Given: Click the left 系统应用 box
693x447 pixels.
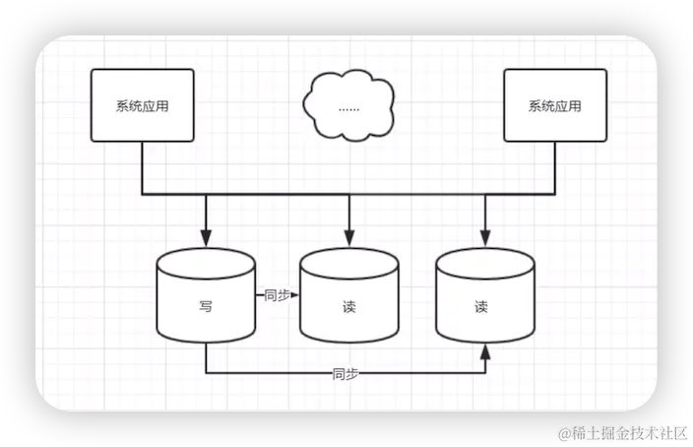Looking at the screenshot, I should point(141,105).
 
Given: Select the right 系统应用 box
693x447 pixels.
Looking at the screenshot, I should point(555,105).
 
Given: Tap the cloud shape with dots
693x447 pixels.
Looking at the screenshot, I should point(348,106).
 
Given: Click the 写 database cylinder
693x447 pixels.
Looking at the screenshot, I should point(206,299).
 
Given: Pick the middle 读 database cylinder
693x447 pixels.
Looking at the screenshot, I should point(348,301).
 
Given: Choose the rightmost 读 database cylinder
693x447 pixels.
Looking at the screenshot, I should point(484,301).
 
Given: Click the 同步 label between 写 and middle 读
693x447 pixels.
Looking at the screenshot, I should point(277,293).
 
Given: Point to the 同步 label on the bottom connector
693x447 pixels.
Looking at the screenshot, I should point(345,374).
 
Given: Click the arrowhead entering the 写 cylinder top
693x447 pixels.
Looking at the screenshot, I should point(206,239).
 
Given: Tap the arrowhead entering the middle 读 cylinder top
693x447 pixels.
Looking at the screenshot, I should point(348,239).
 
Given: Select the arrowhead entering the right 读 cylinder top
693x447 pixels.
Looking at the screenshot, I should point(484,239).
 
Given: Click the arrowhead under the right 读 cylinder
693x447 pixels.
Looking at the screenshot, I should point(484,351).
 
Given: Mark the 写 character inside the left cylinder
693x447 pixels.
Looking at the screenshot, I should point(206,306).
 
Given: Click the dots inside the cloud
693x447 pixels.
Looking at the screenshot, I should point(348,107).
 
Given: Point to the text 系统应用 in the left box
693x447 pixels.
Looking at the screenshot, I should point(141,106).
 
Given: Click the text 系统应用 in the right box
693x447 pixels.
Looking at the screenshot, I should point(555,106).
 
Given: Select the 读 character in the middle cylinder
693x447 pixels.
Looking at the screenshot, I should point(348,307).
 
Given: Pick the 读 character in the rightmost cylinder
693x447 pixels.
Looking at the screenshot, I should point(481,306).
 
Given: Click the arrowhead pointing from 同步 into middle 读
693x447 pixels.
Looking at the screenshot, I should point(294,293).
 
